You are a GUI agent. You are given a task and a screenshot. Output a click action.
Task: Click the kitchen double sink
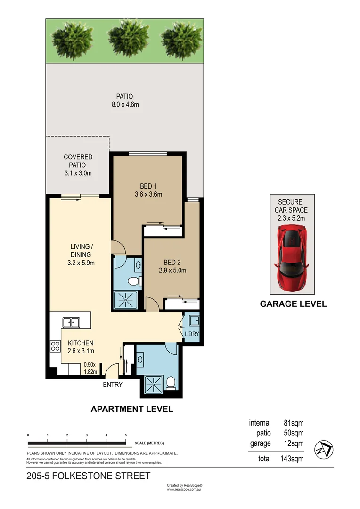(x=71, y=322)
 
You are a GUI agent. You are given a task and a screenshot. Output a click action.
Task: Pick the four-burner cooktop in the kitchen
(x=55, y=346)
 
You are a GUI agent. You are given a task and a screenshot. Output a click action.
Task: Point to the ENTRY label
(x=113, y=385)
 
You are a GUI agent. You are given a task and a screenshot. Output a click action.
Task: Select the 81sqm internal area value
(x=293, y=423)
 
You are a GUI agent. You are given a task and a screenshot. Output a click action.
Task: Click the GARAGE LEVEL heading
(x=293, y=304)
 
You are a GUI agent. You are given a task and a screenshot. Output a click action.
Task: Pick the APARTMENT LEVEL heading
(x=131, y=409)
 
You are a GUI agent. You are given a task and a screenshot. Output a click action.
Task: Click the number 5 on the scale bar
(x=126, y=435)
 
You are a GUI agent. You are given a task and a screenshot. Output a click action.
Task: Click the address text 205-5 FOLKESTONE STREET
(x=89, y=476)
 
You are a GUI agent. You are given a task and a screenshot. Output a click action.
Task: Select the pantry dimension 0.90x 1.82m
(x=90, y=368)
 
